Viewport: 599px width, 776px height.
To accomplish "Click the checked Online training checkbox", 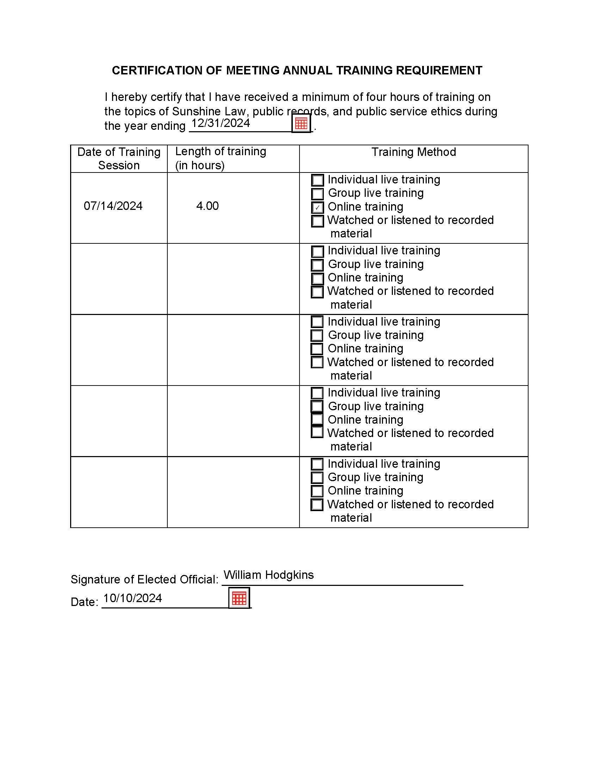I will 317,207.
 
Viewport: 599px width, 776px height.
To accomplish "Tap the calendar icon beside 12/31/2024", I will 301,123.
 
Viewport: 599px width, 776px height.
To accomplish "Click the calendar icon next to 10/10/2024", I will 239,598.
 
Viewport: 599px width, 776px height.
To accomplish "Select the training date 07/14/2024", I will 113,206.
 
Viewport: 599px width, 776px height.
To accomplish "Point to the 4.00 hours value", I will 207,206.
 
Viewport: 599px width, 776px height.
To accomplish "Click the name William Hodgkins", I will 268,575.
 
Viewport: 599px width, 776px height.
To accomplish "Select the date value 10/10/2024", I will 133,598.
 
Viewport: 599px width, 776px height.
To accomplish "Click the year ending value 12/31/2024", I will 221,123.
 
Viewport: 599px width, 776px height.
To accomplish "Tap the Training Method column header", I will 413,152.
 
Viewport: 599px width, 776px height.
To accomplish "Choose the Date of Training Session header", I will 119,158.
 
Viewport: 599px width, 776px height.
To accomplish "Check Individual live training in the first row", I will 317,180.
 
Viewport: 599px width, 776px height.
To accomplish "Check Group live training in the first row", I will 317,194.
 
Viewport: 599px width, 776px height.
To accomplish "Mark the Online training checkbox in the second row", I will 317,278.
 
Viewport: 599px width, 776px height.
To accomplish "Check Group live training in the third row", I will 317,335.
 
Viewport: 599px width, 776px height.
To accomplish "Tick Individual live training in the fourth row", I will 317,393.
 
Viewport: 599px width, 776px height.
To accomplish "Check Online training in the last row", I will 317,491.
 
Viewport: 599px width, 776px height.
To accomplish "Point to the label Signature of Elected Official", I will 144,580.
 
